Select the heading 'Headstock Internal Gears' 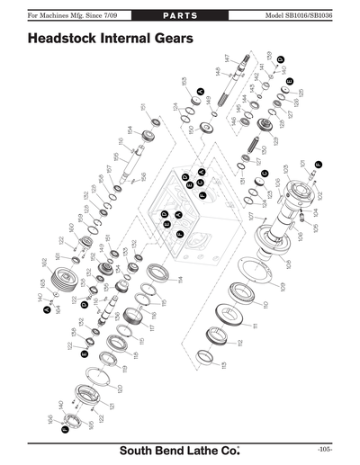(x=109, y=40)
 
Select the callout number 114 (x=180, y=280)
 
